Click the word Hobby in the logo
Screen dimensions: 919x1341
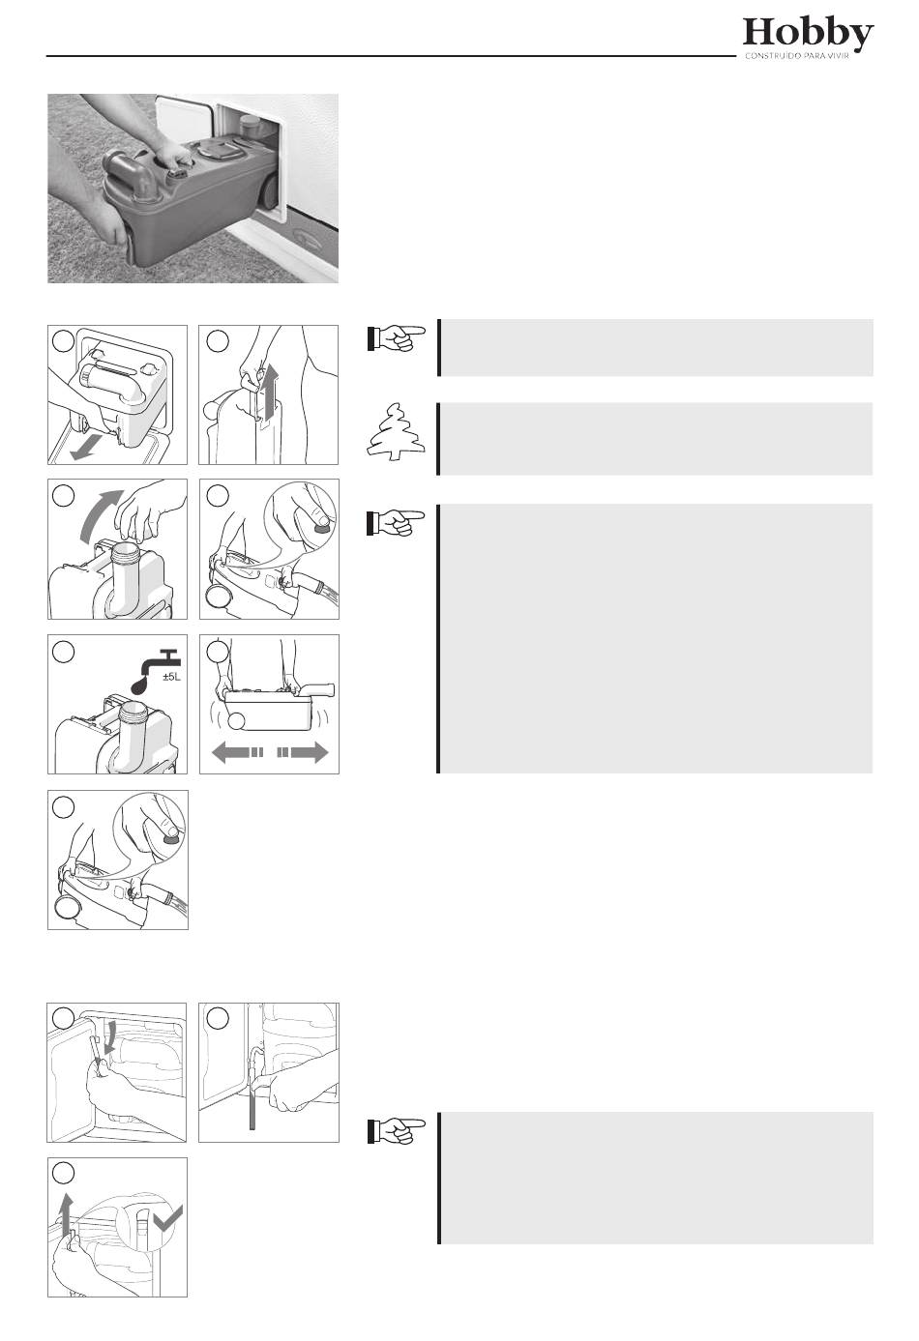pos(808,34)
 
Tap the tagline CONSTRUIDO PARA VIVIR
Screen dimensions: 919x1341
pos(797,57)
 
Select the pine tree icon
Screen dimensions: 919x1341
pos(396,432)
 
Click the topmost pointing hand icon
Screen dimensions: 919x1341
pos(396,337)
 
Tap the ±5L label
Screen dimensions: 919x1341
pos(171,678)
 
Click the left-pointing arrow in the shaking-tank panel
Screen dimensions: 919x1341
pos(238,752)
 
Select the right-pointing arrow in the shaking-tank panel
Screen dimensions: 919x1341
pos(303,752)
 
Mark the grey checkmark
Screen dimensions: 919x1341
pos(167,1217)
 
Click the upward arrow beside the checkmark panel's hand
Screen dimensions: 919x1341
pos(67,1211)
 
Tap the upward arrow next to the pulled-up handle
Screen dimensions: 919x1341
pos(268,390)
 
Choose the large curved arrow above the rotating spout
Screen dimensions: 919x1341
pos(100,515)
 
